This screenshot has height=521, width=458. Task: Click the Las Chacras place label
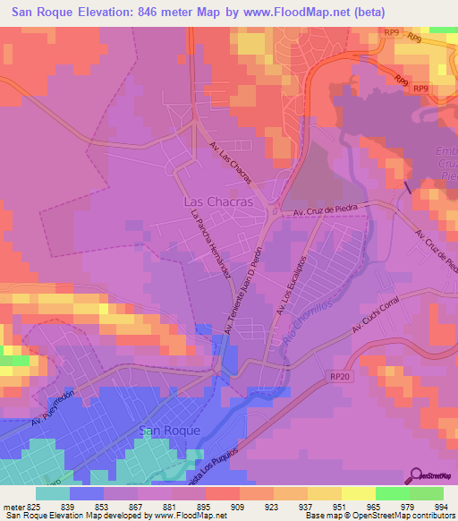(x=216, y=202)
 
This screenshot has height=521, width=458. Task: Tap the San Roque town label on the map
(x=168, y=431)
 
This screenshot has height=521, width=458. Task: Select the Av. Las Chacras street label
(x=230, y=162)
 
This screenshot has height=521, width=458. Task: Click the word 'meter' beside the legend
(x=13, y=508)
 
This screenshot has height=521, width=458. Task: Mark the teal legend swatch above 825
(x=53, y=493)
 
